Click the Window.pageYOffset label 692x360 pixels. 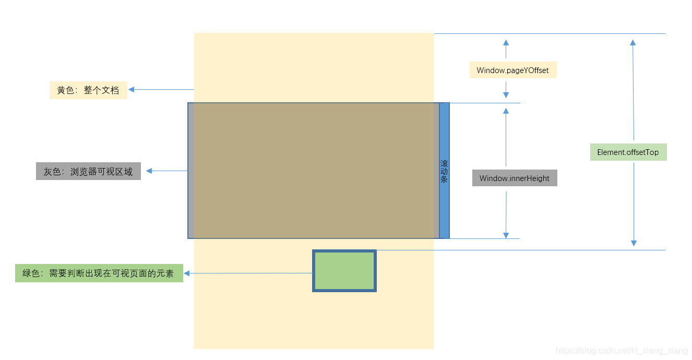(512, 70)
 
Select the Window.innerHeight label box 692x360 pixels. (515, 178)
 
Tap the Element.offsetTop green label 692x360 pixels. (628, 152)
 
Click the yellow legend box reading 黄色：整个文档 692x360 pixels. (88, 90)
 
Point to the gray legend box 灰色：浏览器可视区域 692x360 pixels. (88, 171)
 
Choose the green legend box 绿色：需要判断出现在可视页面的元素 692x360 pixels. (99, 273)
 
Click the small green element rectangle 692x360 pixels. (344, 271)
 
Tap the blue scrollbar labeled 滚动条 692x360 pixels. (444, 171)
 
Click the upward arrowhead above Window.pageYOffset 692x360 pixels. (506, 42)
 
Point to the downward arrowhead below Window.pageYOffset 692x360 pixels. (506, 94)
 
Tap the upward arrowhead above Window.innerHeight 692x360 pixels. (506, 111)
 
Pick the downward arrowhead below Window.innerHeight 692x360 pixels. (506, 235)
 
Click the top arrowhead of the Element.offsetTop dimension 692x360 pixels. (633, 42)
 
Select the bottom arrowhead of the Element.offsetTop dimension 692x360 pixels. (634, 243)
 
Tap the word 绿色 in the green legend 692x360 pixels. (31, 273)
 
